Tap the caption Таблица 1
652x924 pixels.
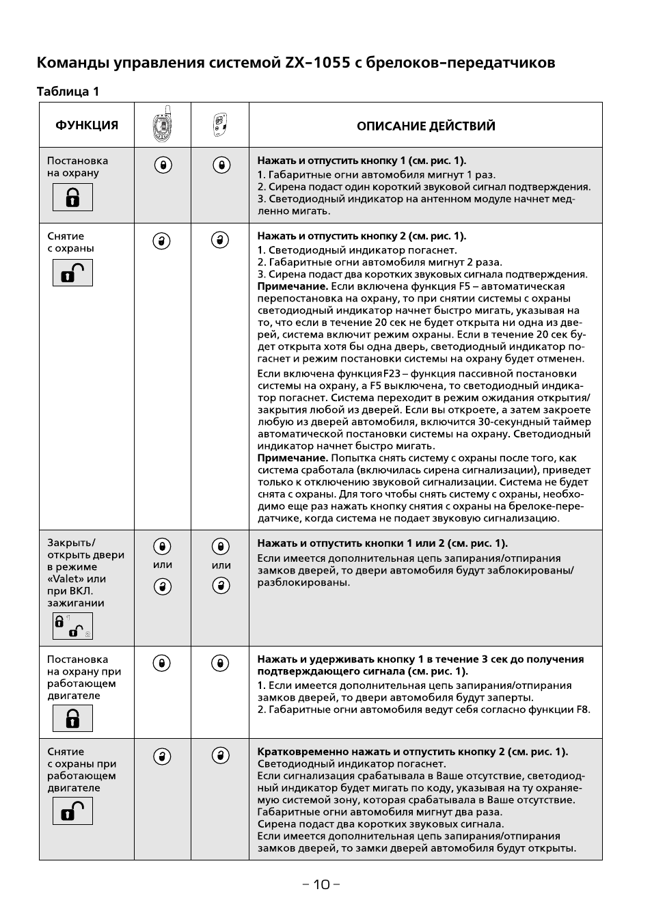pyautogui.click(x=68, y=92)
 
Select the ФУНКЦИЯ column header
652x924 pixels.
pyautogui.click(x=87, y=125)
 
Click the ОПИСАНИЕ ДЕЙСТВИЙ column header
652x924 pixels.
pyautogui.click(x=426, y=126)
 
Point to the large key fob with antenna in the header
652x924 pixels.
pyautogui.click(x=162, y=124)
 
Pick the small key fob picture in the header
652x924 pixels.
pyautogui.click(x=220, y=124)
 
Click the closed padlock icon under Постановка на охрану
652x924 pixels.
pyautogui.click(x=72, y=198)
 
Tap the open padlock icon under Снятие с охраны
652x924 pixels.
pyautogui.click(x=72, y=273)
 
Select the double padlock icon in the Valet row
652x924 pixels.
pyautogui.click(x=72, y=626)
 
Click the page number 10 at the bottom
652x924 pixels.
pyautogui.click(x=321, y=884)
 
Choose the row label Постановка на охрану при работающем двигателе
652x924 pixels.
pyautogui.click(x=83, y=677)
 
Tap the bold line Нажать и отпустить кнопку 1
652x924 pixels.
pyautogui.click(x=362, y=161)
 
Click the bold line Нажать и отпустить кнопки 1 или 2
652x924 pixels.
pyautogui.click(x=382, y=543)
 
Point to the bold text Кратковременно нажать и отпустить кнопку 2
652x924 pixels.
pyautogui.click(x=412, y=752)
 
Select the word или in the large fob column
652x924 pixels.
pyautogui.click(x=163, y=565)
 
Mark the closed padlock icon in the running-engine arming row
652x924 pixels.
pyautogui.click(x=72, y=718)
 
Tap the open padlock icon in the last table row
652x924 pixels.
pyautogui.click(x=72, y=811)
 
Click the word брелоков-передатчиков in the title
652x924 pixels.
pyautogui.click(x=461, y=63)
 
